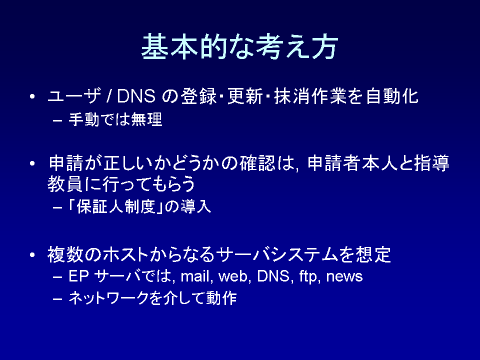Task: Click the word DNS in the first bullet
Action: [136, 96]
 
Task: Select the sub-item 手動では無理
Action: [115, 119]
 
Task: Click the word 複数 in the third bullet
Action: [65, 254]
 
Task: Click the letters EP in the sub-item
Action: [78, 276]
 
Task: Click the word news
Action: [344, 276]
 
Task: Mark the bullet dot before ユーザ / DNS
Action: [32, 96]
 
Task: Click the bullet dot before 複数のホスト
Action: [32, 255]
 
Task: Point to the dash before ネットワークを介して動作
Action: [57, 298]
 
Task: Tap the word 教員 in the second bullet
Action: [65, 184]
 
